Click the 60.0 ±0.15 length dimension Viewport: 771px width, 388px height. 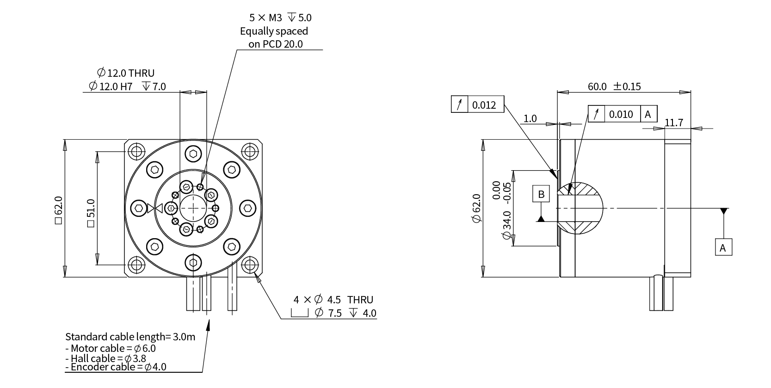tap(614, 86)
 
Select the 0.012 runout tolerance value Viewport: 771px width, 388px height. tap(484, 105)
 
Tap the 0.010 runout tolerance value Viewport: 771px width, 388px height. tap(621, 114)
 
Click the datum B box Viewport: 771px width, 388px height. tap(542, 194)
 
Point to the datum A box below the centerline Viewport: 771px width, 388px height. tap(723, 247)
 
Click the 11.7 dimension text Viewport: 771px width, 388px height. tap(674, 123)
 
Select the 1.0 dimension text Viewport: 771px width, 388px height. tap(530, 119)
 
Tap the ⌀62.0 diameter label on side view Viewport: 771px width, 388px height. tap(476, 209)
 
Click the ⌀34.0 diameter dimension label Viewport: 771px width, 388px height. tap(507, 225)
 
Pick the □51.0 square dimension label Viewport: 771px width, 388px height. tap(91, 213)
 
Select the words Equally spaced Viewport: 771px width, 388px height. tap(274, 31)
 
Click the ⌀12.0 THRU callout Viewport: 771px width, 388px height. tap(126, 73)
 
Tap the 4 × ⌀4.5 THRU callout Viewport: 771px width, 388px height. tap(333, 300)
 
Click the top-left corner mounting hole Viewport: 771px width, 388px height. tap(136, 151)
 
